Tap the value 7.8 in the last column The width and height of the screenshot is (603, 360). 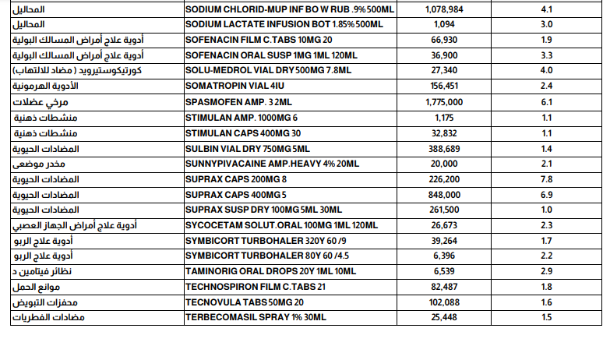546,178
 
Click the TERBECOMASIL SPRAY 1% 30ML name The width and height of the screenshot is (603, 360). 256,318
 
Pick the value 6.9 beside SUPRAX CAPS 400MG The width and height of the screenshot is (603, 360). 546,194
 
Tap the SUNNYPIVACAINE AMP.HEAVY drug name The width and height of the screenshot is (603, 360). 272,163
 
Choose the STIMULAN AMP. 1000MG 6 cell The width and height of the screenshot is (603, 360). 241,117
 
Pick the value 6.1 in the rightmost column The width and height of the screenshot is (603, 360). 546,101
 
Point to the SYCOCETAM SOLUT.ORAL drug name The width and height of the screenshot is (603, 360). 280,225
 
